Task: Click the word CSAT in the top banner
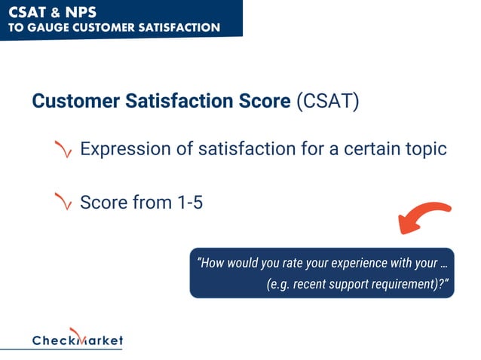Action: [27, 12]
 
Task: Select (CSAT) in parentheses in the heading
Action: [328, 102]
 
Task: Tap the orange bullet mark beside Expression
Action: [63, 150]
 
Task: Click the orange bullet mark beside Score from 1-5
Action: [63, 203]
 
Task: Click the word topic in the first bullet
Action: [423, 149]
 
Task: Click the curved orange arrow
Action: [424, 218]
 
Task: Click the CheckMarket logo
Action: [77, 339]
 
